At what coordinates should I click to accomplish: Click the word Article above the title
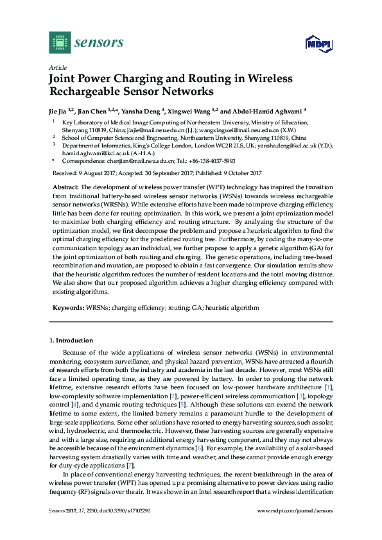(x=56, y=67)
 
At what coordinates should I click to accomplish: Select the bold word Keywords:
(x=67, y=307)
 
